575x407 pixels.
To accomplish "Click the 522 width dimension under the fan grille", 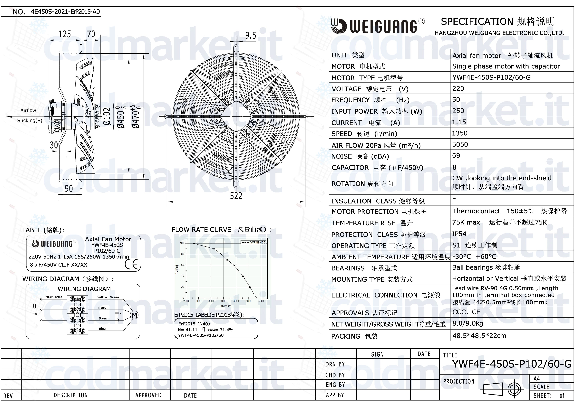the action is point(236,196).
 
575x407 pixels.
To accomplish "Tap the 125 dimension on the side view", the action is point(65,34).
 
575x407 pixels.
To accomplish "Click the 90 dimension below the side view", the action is point(69,188).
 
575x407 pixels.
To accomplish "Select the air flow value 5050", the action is point(460,144).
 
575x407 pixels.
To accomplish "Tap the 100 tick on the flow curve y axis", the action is point(182,243).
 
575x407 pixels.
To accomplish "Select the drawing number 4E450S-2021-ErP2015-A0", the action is point(65,12).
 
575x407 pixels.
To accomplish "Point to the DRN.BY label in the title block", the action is point(335,364).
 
